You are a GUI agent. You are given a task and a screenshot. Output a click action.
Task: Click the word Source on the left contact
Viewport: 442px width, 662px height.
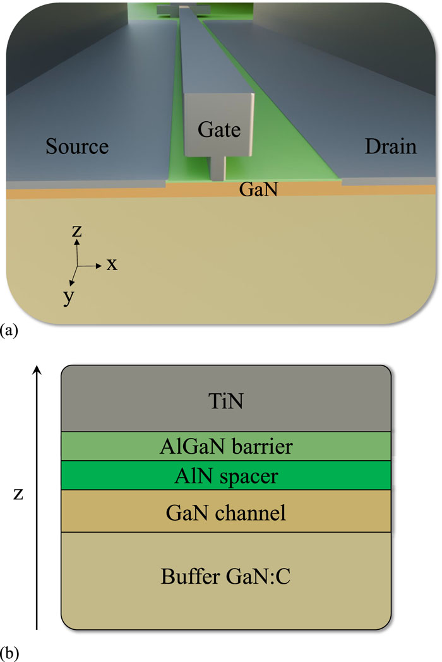pyautogui.click(x=77, y=147)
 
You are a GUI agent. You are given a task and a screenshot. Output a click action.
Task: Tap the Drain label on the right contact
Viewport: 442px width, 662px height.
pyautogui.click(x=391, y=147)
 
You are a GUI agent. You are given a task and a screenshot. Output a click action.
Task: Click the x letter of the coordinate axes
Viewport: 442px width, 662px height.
pyautogui.click(x=112, y=264)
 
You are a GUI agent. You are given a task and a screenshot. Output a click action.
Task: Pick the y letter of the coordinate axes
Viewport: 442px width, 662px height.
pyautogui.click(x=68, y=297)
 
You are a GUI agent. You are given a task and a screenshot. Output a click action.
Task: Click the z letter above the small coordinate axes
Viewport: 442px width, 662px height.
pyautogui.click(x=77, y=231)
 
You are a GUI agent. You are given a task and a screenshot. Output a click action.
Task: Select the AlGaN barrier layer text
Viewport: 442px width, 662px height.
pyautogui.click(x=225, y=447)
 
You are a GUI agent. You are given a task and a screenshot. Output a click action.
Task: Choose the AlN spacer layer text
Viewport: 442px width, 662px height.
pyautogui.click(x=225, y=475)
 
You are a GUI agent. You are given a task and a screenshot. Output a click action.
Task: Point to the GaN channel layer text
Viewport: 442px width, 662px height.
pyautogui.click(x=225, y=512)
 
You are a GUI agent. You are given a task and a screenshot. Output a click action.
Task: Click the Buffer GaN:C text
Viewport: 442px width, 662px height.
pyautogui.click(x=225, y=576)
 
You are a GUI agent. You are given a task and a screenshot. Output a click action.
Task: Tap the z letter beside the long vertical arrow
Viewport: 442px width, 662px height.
pyautogui.click(x=19, y=494)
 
